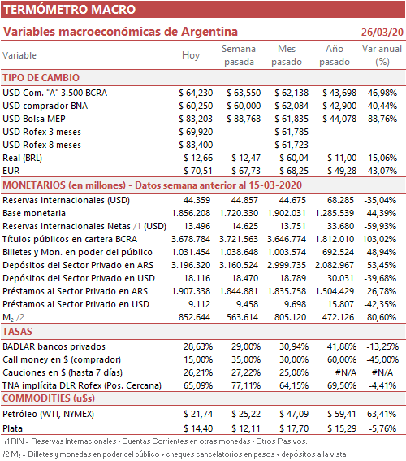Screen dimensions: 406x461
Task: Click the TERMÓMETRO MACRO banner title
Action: (x=69, y=10)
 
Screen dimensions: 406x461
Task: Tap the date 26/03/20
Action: (x=382, y=32)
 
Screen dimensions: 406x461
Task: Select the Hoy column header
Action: (x=191, y=55)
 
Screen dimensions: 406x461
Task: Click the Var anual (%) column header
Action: (x=382, y=55)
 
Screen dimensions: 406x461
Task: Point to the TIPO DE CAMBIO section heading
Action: (x=41, y=78)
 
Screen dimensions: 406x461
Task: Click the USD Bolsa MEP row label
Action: (x=34, y=119)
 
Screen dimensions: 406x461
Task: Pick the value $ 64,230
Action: (x=196, y=93)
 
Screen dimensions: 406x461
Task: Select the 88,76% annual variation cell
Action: (x=382, y=119)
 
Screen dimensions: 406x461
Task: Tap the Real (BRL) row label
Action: (x=22, y=158)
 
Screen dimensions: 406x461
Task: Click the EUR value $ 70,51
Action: (x=198, y=171)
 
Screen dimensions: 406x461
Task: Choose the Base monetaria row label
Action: (x=34, y=213)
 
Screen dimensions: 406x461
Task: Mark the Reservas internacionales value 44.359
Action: (x=197, y=200)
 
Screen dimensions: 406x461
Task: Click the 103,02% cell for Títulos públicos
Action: (x=379, y=239)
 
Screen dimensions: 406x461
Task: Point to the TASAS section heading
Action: (x=17, y=332)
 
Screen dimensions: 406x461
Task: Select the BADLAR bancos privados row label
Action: (x=54, y=346)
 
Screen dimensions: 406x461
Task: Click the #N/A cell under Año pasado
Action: (x=346, y=372)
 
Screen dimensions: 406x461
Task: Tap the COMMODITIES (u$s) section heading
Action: (x=49, y=398)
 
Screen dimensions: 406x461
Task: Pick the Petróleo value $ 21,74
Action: (x=198, y=414)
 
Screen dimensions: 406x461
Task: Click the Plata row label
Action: (x=13, y=428)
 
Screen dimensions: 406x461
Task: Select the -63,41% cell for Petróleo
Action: (x=380, y=414)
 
